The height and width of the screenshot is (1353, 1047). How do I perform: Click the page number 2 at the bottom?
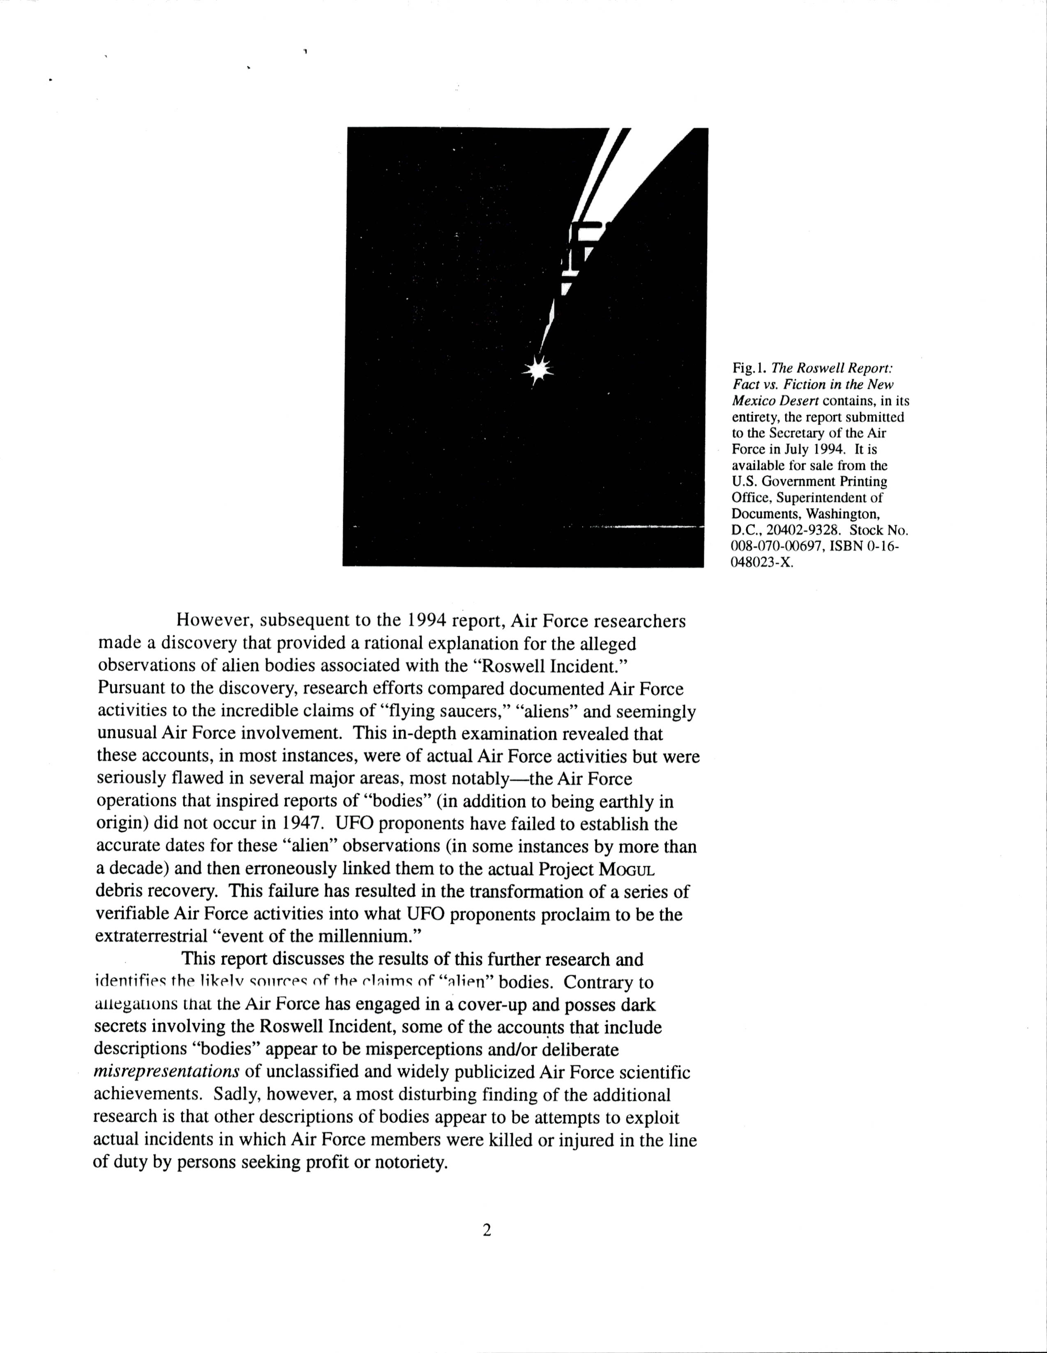(487, 1231)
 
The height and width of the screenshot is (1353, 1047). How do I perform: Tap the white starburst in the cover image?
(537, 370)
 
